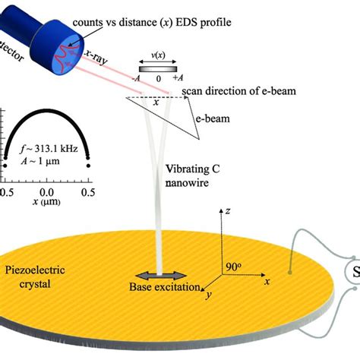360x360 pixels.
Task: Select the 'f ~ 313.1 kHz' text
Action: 46,150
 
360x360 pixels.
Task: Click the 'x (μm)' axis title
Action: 46,204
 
